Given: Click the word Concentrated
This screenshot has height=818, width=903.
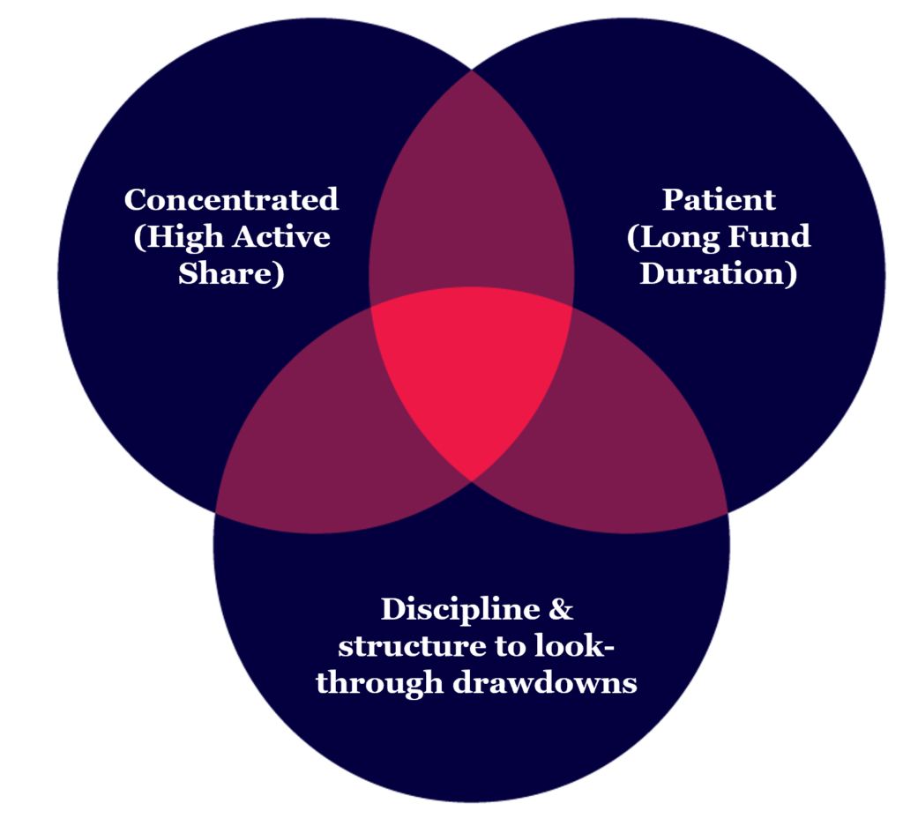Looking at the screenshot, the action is pyautogui.click(x=231, y=199).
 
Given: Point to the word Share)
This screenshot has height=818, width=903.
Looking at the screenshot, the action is pyautogui.click(x=231, y=273).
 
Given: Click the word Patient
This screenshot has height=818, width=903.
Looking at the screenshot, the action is pyautogui.click(x=719, y=199).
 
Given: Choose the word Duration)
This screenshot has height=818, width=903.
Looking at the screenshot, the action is pyautogui.click(x=719, y=273).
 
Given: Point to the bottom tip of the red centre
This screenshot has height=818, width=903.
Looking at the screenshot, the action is pyautogui.click(x=472, y=479).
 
